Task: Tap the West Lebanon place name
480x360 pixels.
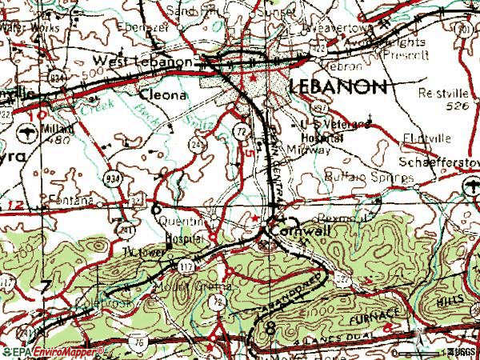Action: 142,62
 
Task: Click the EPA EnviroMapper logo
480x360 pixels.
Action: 54,351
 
